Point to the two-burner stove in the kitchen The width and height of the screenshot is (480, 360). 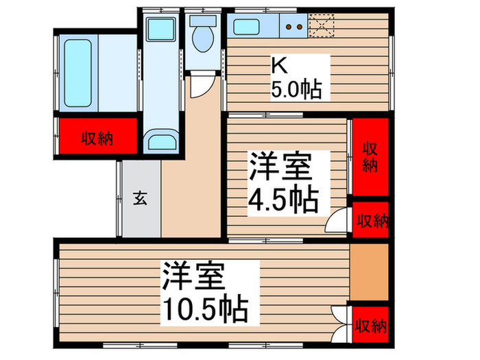tap(293, 27)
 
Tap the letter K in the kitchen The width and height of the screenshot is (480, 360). tap(278, 66)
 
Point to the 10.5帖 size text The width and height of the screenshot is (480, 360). tap(205, 312)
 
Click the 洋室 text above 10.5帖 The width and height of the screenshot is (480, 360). tap(194, 278)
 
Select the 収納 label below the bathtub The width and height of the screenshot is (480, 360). tap(97, 139)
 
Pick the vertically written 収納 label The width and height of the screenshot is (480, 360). tap(370, 156)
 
